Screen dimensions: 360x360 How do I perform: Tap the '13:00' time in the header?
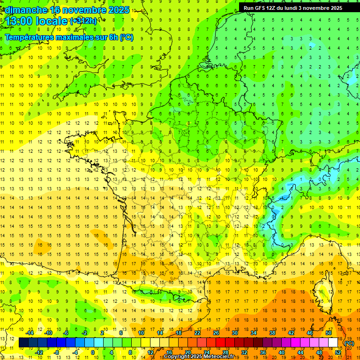20,21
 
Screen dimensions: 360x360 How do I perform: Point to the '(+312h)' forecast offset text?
83,21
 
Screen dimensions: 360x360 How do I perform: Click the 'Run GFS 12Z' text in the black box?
263,7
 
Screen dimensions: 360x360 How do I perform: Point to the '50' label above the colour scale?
328,333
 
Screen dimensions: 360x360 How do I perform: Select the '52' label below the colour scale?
338,352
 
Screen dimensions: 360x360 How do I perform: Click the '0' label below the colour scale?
93,352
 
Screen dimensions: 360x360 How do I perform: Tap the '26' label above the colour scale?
216,333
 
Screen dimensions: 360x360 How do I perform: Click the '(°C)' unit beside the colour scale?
349,343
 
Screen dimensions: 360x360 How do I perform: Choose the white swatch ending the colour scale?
333,343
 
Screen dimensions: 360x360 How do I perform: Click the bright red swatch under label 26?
220,343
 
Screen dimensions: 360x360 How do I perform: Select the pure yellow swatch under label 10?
145,343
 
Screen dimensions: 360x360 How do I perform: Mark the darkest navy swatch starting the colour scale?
23,343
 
